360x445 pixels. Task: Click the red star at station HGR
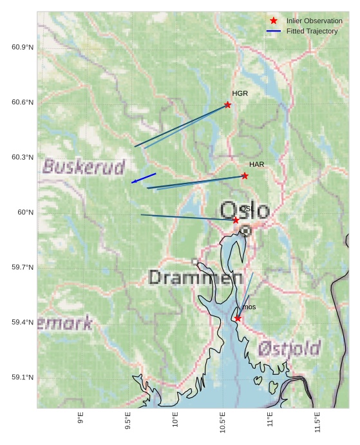click(227, 104)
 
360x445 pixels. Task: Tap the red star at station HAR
click(245, 176)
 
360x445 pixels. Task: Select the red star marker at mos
click(238, 318)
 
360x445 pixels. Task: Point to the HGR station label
click(240, 94)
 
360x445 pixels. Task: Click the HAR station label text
click(257, 165)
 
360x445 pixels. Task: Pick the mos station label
click(249, 307)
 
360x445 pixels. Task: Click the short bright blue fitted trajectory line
click(144, 178)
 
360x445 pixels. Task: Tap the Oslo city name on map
click(245, 211)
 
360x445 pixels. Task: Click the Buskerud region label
click(84, 167)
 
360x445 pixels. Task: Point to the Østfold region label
click(289, 349)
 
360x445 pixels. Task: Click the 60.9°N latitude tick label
click(23, 48)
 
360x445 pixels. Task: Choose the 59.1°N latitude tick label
click(23, 377)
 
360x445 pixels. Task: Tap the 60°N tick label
click(25, 213)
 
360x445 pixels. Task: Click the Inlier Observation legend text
click(314, 21)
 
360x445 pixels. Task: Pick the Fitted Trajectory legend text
click(312, 31)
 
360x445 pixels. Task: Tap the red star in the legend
click(274, 21)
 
